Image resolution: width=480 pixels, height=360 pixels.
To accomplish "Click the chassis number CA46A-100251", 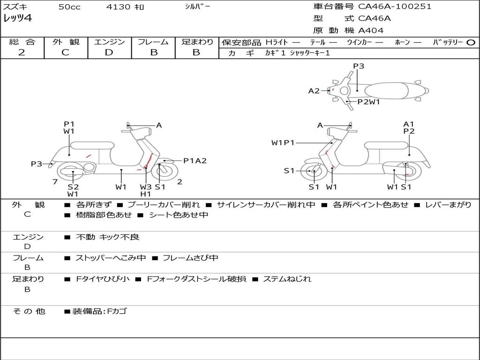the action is [x=395, y=7].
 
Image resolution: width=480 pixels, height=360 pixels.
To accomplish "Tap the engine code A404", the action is [x=371, y=30].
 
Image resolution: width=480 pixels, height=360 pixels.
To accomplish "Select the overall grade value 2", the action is [x=22, y=52].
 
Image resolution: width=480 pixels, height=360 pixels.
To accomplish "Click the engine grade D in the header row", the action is [x=109, y=52].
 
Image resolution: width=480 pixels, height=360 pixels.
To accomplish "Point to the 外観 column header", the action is [x=66, y=42].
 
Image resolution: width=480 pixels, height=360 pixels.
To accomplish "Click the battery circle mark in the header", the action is [x=471, y=42].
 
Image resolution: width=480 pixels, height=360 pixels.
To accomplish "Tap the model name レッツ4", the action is [x=17, y=18].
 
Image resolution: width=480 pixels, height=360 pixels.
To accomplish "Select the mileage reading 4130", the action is [x=118, y=7].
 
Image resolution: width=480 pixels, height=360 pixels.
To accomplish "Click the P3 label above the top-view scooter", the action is [x=359, y=66].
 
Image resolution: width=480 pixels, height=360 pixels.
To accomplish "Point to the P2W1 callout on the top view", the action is [x=368, y=102].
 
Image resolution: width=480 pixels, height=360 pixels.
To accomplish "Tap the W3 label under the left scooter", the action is [x=146, y=187].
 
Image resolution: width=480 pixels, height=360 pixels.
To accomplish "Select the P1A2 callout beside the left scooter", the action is [x=195, y=161].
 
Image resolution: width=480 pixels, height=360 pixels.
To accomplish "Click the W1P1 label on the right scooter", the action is [x=283, y=142].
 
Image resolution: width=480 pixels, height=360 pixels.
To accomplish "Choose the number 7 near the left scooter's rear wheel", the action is [x=55, y=182].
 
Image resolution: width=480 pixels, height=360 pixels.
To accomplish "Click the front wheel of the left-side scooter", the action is [x=165, y=172].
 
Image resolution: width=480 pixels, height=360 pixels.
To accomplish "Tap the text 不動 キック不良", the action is [x=107, y=237].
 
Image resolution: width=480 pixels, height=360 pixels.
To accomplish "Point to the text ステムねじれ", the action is [x=287, y=279].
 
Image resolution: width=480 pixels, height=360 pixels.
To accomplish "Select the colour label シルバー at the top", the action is [x=197, y=6].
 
